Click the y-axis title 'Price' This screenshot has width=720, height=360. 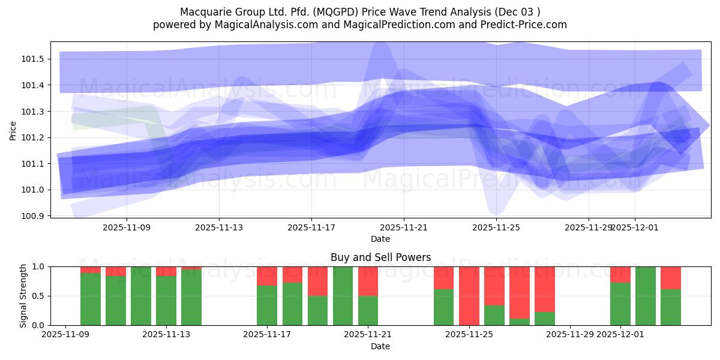click(13, 130)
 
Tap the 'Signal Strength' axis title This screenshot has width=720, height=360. click(24, 296)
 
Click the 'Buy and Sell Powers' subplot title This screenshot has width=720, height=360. click(380, 257)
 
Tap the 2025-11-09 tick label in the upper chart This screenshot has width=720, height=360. click(127, 228)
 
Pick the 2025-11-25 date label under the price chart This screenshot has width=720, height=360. click(496, 228)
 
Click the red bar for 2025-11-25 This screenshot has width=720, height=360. click(469, 294)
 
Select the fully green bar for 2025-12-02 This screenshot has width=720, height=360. click(646, 296)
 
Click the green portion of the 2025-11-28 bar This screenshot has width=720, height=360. click(545, 319)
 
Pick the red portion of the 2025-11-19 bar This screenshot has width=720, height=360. click(317, 281)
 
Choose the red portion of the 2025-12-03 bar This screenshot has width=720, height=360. click(671, 277)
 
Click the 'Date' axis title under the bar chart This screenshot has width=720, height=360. click(380, 346)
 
